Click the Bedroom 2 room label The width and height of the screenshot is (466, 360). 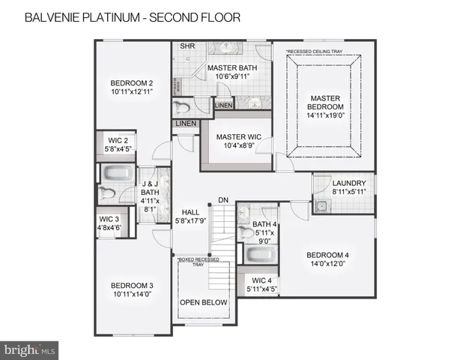(132, 87)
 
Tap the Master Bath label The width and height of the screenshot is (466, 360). (232, 72)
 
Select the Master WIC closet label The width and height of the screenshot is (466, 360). (237, 141)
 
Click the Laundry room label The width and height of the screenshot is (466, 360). (349, 187)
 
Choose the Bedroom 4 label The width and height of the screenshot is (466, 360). (326, 260)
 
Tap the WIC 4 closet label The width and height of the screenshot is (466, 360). (261, 284)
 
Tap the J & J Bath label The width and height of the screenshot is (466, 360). (150, 196)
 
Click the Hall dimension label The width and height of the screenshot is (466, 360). (190, 217)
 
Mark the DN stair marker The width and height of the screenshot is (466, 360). (223, 199)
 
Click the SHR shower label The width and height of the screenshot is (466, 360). (187, 46)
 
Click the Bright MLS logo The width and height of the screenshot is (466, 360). (30, 349)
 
